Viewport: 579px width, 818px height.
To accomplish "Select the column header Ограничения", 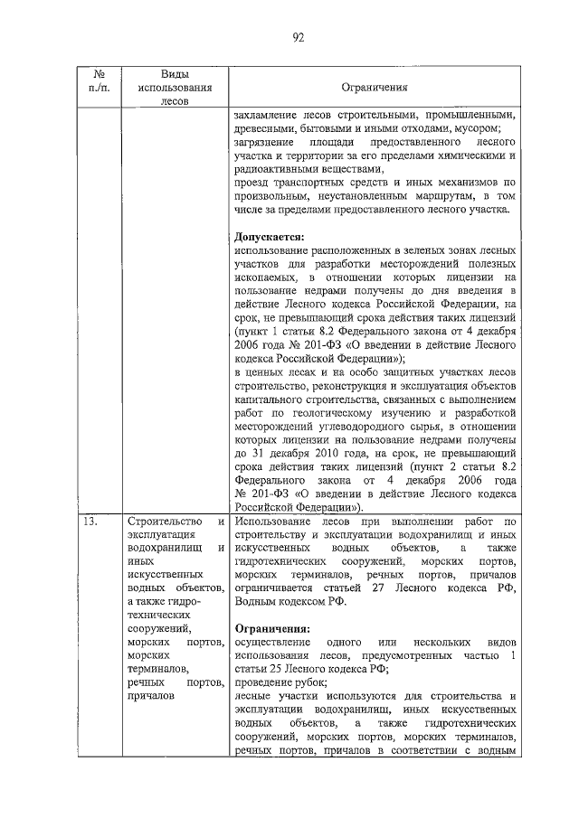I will pos(375,89).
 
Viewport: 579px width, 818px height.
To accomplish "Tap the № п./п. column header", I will pos(94,80).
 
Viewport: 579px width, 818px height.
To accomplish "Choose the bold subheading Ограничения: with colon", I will pos(271,627).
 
